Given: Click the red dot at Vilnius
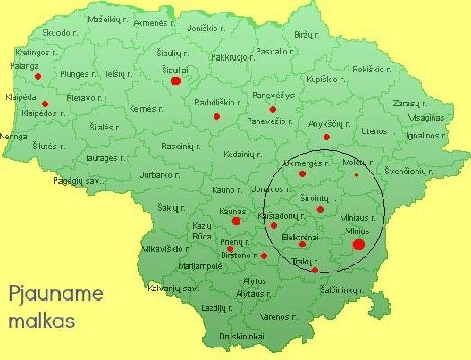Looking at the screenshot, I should (x=358, y=244).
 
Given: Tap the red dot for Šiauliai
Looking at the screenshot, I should (x=175, y=80).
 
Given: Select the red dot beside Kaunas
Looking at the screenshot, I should (x=236, y=221).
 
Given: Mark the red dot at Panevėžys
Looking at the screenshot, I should (x=273, y=109).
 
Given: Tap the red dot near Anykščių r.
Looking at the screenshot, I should (x=326, y=137).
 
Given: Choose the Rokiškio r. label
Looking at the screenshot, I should (x=373, y=69).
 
